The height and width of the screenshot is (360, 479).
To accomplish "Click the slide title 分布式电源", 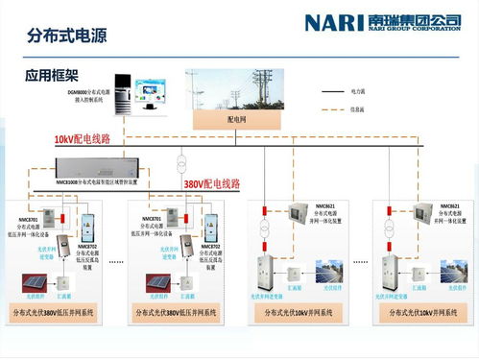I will [68, 36].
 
